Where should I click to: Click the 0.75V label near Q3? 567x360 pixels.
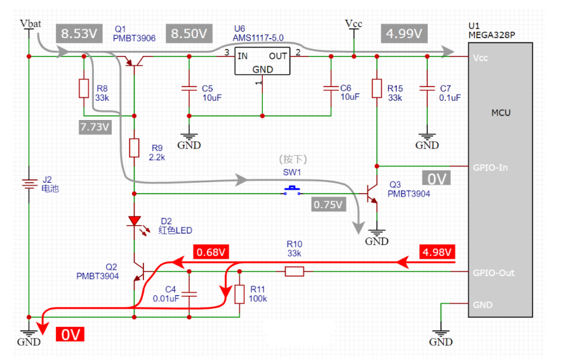pyautogui.click(x=328, y=204)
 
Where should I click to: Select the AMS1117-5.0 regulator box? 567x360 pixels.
pyautogui.click(x=262, y=62)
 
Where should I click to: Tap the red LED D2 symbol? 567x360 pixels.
pyautogui.click(x=134, y=222)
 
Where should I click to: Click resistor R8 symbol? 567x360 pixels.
pyautogui.click(x=84, y=88)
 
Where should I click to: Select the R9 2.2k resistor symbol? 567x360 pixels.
pyautogui.click(x=134, y=148)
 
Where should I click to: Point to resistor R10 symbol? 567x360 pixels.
pyautogui.click(x=294, y=272)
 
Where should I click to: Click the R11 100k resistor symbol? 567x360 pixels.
pyautogui.click(x=239, y=295)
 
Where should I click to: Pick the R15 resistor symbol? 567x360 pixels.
pyautogui.click(x=377, y=88)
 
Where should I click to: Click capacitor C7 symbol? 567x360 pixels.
pyautogui.click(x=427, y=88)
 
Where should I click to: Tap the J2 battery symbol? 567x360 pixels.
pyautogui.click(x=29, y=184)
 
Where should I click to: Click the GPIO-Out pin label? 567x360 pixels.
pyautogui.click(x=494, y=273)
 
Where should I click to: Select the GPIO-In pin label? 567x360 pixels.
pyautogui.click(x=490, y=168)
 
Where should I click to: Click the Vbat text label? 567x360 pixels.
pyautogui.click(x=30, y=23)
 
